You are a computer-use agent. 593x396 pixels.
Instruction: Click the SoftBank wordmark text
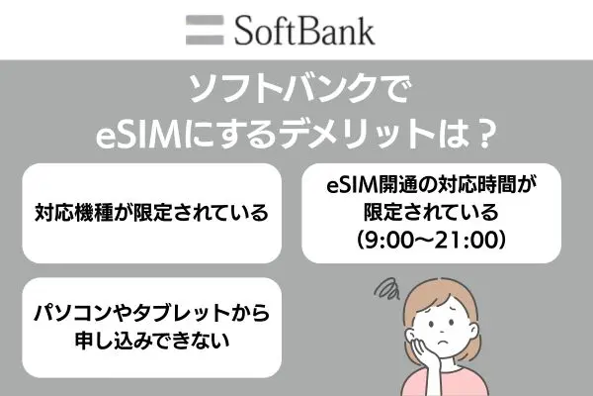(304, 31)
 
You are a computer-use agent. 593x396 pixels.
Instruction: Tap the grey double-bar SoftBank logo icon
(205, 31)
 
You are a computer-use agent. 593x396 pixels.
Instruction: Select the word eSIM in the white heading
(137, 135)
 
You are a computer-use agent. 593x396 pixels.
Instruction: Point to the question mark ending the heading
(485, 135)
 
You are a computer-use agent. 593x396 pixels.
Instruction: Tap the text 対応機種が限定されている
(151, 213)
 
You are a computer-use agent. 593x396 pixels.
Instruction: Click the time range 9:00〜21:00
(431, 240)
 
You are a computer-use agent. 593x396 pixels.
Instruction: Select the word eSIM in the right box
(348, 185)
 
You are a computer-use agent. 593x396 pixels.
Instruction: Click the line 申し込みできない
(152, 340)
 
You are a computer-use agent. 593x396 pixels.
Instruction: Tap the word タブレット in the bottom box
(182, 314)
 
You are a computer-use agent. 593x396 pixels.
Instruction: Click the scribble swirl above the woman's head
(386, 289)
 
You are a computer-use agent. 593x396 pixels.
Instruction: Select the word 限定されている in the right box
(431, 213)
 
